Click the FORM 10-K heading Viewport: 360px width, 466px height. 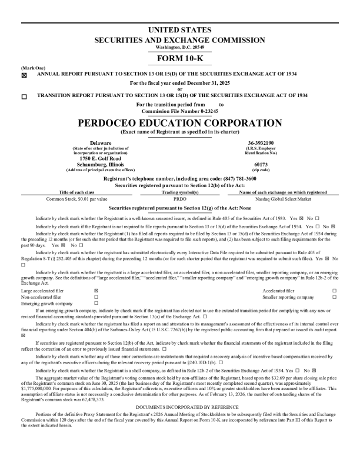click(x=179, y=59)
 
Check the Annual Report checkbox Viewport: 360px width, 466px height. click(x=24, y=75)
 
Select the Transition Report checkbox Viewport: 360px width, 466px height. click(x=24, y=96)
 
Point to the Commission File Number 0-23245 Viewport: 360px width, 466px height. click(x=179, y=111)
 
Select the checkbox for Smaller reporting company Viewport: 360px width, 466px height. click(x=334, y=297)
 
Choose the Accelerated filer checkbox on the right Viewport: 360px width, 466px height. click(x=334, y=291)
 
